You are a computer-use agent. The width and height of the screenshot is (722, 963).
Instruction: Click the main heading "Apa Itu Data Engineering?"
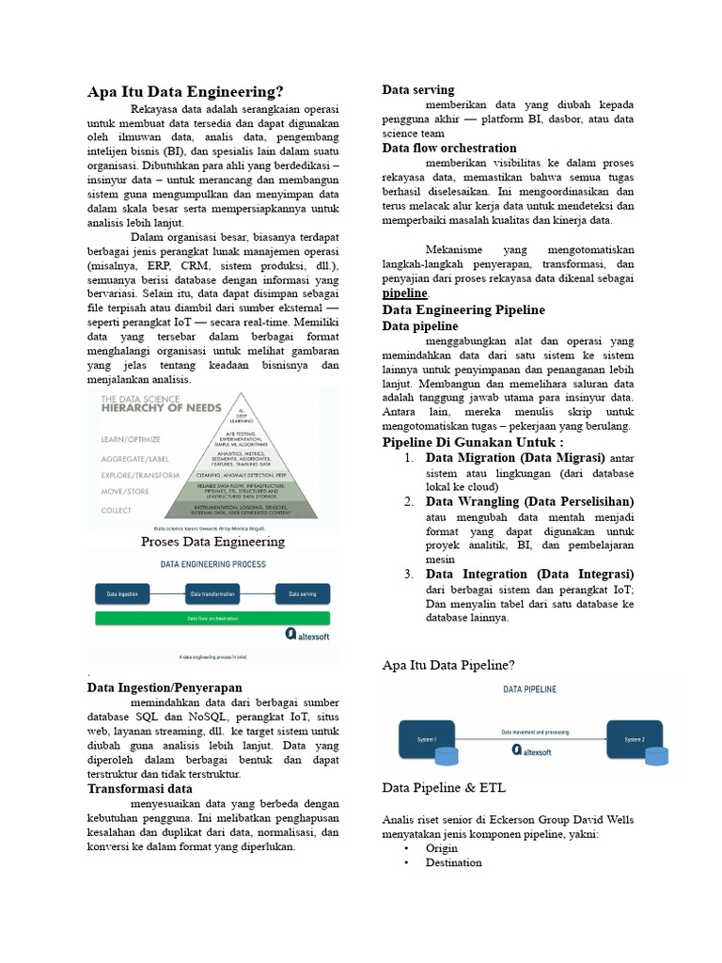click(185, 91)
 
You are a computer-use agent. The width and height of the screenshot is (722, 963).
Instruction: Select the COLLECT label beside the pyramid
click(118, 509)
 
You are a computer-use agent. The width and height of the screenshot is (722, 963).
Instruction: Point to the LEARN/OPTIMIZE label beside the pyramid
click(131, 438)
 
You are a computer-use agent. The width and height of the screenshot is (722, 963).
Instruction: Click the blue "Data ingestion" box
click(122, 594)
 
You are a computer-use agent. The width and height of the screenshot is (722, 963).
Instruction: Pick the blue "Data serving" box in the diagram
click(302, 594)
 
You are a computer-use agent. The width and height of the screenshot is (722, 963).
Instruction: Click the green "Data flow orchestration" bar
click(212, 619)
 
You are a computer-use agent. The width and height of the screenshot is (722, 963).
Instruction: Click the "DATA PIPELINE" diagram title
click(530, 689)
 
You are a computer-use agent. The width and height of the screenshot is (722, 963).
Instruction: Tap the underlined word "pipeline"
click(404, 293)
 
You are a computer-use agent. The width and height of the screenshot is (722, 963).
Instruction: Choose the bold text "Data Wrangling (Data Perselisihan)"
click(529, 501)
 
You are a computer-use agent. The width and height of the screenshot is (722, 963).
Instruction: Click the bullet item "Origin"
click(442, 847)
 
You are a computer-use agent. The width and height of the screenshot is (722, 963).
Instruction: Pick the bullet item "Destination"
click(453, 862)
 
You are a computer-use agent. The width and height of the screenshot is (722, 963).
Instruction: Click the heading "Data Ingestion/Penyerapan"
click(165, 687)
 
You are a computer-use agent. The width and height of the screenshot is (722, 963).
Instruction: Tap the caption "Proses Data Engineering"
click(212, 542)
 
